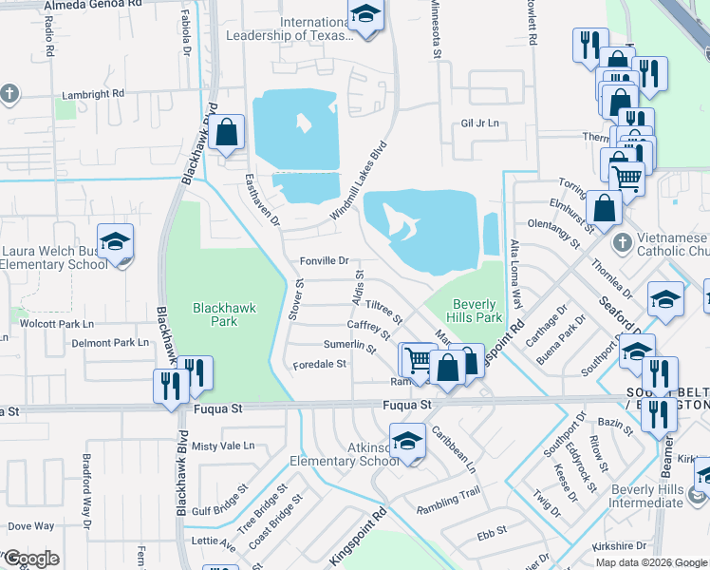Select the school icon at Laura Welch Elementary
coord(115,242)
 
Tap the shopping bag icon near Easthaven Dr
coord(227,133)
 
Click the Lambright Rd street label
coord(93,94)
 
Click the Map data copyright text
coord(651,562)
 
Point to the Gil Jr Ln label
coord(479,123)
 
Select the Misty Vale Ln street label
coord(223,446)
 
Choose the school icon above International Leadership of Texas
coord(363,16)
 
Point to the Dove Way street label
coord(31,525)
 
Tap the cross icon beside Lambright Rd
coord(9,94)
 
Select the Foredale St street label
coord(319,364)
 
